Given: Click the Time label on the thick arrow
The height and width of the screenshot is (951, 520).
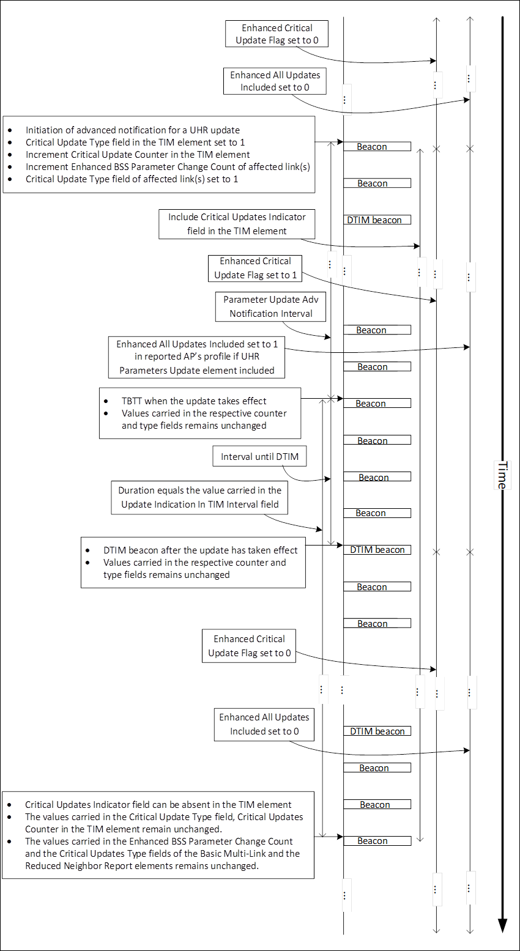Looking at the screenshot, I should (502, 475).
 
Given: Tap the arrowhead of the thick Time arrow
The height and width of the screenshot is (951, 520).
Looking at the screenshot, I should (502, 925).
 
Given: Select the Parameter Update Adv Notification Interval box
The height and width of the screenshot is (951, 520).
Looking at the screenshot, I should (270, 306).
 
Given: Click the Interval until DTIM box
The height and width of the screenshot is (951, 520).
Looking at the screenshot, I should (259, 456).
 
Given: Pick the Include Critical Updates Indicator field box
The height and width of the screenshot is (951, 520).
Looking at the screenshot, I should (237, 224).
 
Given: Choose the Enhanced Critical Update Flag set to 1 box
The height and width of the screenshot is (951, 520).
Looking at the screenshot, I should (255, 268).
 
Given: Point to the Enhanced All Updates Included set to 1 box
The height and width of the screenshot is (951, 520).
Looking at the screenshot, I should (197, 357).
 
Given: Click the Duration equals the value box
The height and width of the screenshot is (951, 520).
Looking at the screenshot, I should (199, 497).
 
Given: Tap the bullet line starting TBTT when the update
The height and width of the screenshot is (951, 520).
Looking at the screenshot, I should (194, 401).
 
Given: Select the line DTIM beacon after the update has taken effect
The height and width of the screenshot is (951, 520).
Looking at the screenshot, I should (200, 550).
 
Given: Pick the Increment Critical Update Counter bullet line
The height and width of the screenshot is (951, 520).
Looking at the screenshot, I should (138, 155).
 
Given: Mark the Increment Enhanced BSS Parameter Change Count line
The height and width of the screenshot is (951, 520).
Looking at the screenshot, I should (168, 167).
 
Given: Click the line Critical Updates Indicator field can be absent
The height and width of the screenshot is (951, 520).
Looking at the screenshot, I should (158, 805).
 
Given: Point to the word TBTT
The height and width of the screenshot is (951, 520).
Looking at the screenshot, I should (132, 401).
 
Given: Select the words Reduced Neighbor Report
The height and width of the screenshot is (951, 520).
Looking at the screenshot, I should (77, 866).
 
